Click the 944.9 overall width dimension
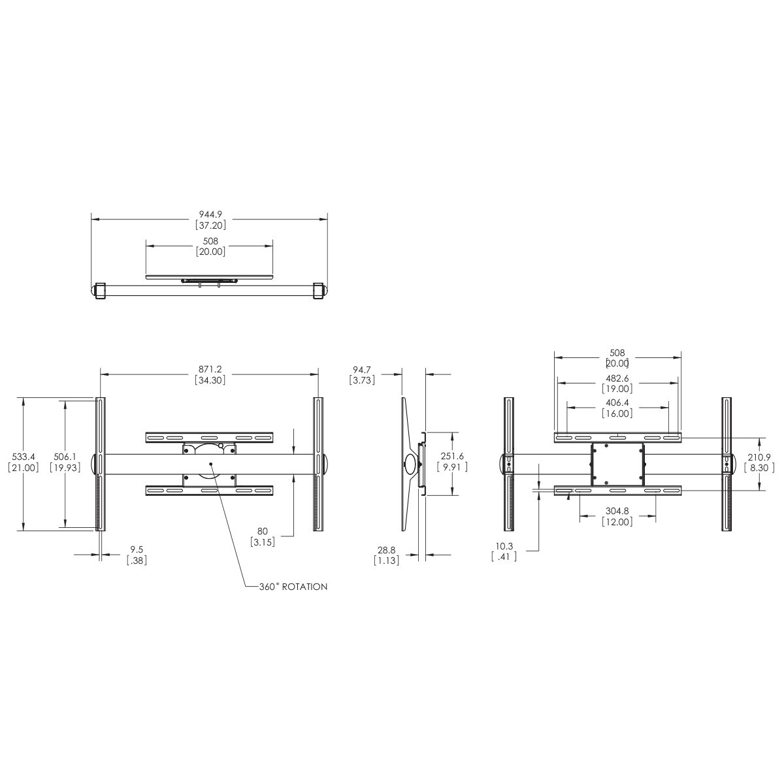tap(210, 214)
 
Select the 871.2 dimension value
tap(210, 369)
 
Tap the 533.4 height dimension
tap(24, 457)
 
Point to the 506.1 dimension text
tap(65, 457)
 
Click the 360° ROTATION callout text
tap(293, 587)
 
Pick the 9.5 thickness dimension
tap(137, 549)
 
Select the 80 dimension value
tap(263, 531)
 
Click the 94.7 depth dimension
tap(362, 369)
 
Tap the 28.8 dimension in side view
tap(386, 550)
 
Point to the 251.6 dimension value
tap(452, 457)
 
